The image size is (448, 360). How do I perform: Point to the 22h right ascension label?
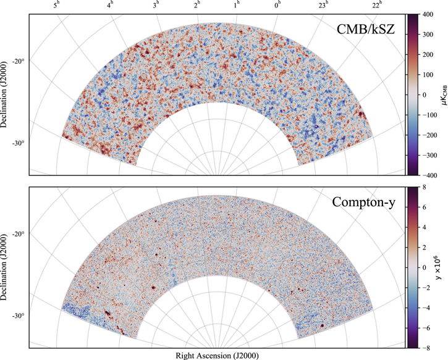click(377, 6)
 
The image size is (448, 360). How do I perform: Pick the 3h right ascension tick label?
click(156, 6)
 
